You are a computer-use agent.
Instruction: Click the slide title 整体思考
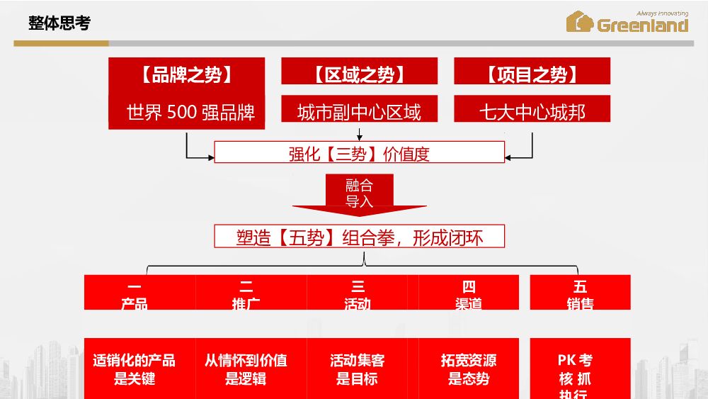(59, 23)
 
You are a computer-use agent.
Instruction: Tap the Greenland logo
(627, 22)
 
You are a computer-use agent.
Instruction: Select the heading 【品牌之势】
(186, 75)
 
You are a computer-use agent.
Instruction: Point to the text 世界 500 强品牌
(190, 112)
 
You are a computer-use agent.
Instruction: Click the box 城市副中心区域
(359, 112)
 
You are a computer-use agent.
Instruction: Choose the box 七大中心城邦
(532, 112)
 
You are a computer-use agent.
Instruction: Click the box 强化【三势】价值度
(359, 153)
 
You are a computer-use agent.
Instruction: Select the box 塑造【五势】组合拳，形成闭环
(359, 237)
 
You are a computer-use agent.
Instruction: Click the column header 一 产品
(135, 295)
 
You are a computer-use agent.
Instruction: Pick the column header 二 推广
(246, 295)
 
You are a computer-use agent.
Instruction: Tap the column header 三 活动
(358, 295)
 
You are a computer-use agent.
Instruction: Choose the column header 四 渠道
(469, 295)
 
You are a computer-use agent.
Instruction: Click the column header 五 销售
(580, 295)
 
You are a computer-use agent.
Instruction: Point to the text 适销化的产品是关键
(135, 369)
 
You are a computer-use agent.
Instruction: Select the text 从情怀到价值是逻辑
(246, 369)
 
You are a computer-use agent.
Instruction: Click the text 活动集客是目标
(358, 369)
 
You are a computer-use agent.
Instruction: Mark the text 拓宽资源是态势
(469, 369)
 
